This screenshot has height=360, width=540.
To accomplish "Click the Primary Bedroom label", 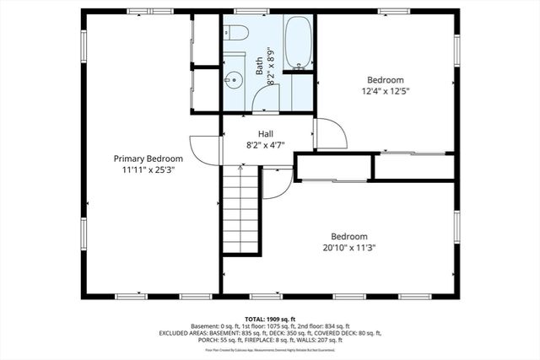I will click(148, 159).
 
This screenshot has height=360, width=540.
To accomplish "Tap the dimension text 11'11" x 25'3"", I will click(148, 169).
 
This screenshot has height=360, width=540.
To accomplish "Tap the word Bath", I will click(260, 64).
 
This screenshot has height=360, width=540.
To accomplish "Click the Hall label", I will click(266, 134).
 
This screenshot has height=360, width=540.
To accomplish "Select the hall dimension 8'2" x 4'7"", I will click(266, 145).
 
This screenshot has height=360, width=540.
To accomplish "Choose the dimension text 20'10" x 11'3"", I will click(348, 248).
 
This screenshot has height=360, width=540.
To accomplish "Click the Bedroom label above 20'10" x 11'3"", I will click(348, 236).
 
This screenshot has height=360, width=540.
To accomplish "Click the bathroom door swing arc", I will click(266, 100).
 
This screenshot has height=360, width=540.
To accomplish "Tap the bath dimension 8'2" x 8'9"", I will click(270, 66).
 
